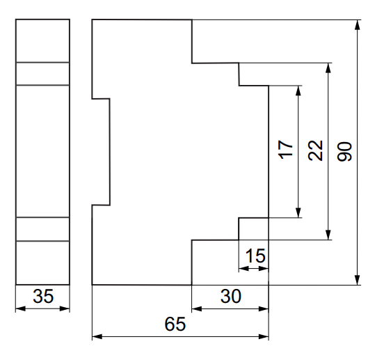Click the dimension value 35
tap(43, 296)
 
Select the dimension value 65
tap(175, 324)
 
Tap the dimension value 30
tap(231, 296)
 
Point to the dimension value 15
tap(255, 256)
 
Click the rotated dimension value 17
tap(285, 150)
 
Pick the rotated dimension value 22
tap(315, 150)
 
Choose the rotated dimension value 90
tap(344, 151)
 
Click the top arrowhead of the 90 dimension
tap(358, 24)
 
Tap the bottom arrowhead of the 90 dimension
tap(358, 280)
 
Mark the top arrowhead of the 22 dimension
tap(328, 68)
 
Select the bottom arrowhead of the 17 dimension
tap(298, 212)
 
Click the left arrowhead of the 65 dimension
tap(97, 336)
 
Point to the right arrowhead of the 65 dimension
tap(264, 336)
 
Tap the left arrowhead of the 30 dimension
tap(197, 308)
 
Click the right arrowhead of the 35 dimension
tap(65, 308)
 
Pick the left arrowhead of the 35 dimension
tap(21, 308)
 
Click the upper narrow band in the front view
tap(42, 74)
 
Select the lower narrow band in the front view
tap(42, 229)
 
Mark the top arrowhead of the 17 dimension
tap(298, 91)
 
